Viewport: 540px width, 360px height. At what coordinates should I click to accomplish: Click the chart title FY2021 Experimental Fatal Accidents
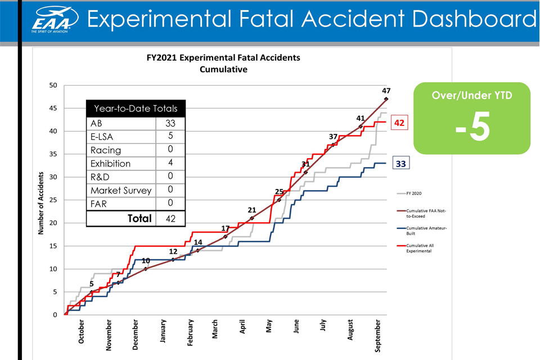[223, 58]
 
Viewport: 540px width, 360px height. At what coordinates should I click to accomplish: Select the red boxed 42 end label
[400, 122]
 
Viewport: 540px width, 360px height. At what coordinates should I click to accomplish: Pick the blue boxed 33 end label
[400, 163]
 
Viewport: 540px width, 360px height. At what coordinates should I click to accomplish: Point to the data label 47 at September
[386, 91]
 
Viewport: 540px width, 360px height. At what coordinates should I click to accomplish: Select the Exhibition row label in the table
[110, 164]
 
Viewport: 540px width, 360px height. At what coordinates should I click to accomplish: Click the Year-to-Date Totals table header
[136, 109]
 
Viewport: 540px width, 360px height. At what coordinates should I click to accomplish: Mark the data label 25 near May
[279, 192]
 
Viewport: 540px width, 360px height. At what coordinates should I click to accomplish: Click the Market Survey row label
[120, 191]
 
